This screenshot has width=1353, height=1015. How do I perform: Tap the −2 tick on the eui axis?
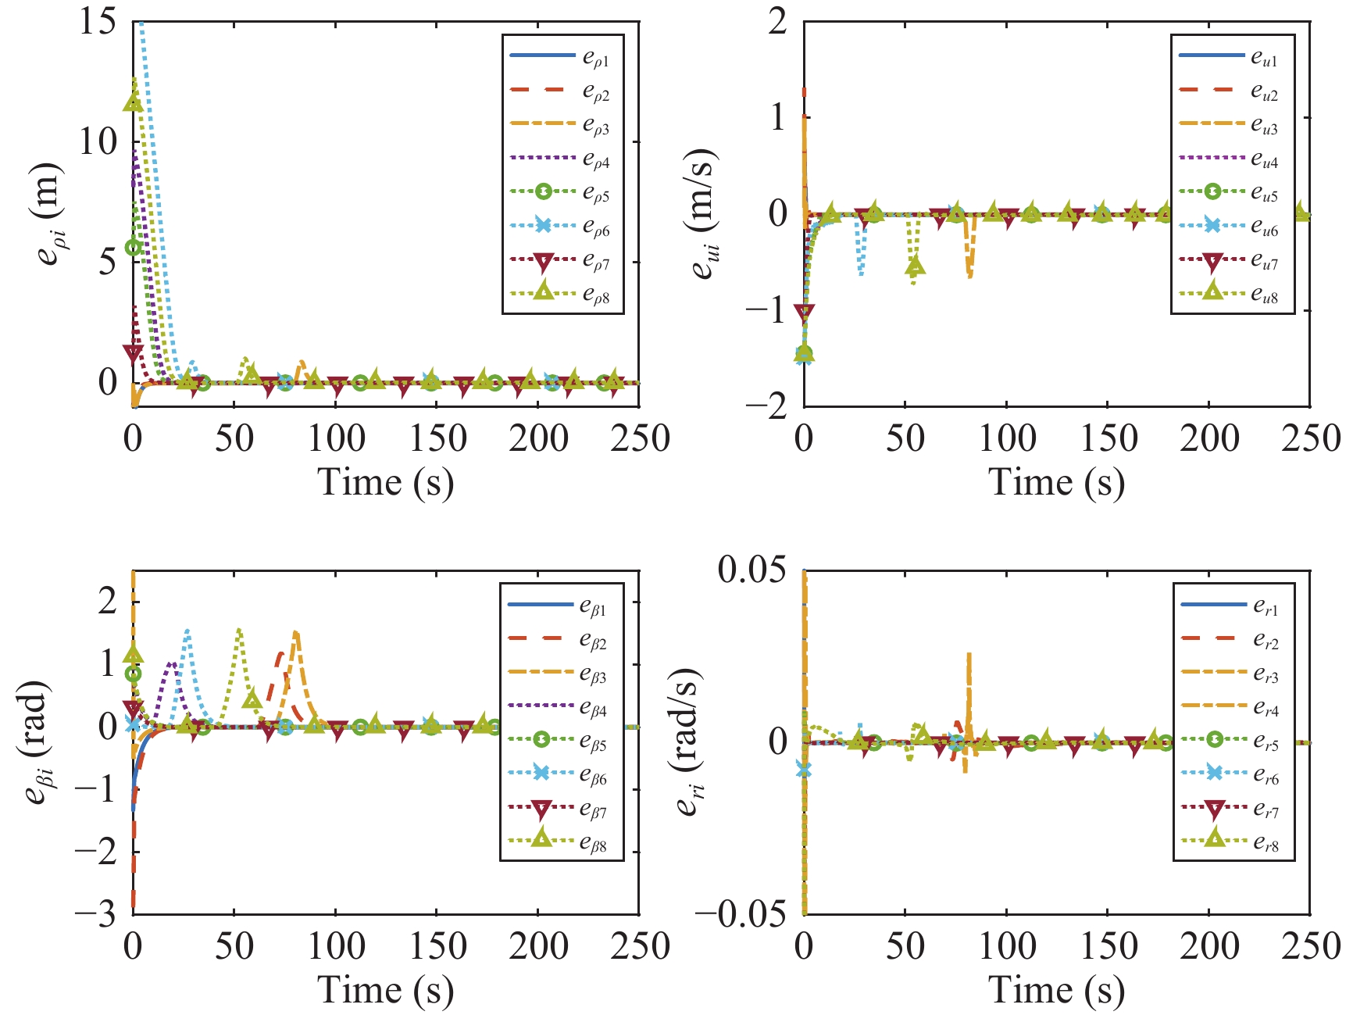pos(766,406)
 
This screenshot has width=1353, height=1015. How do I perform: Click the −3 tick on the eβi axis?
pos(95,913)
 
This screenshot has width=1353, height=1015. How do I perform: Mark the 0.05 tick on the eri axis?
pos(751,570)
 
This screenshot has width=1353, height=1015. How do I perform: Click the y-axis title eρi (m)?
pos(49,214)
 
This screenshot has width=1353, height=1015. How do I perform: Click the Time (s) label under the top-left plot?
pos(385,481)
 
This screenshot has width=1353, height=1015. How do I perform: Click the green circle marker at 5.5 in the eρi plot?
pos(134,247)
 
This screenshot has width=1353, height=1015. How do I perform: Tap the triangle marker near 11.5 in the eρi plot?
pos(133,102)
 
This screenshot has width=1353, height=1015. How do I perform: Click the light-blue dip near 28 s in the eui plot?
pos(861,273)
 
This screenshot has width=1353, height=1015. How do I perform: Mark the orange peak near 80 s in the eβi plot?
pos(295,633)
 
